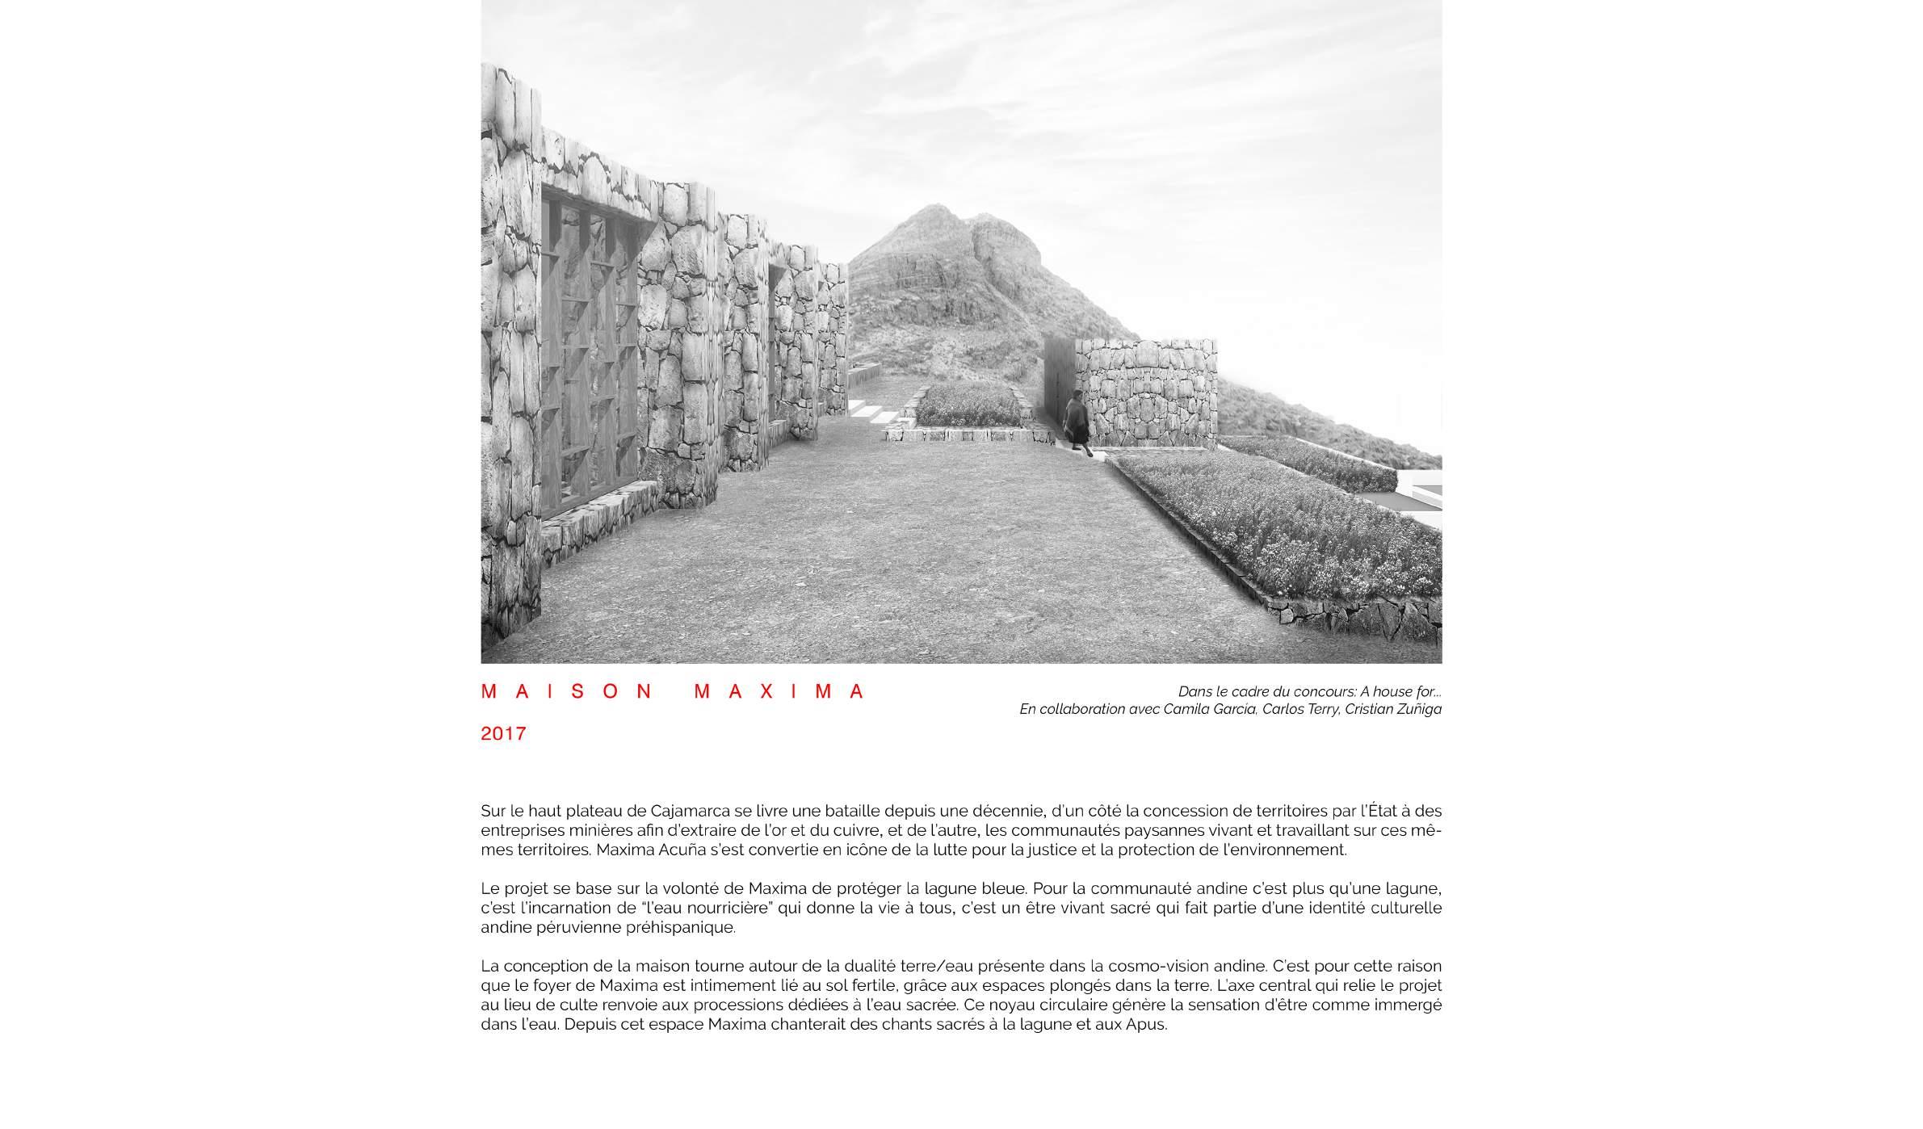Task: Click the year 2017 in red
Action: (x=503, y=734)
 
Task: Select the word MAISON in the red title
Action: (x=568, y=692)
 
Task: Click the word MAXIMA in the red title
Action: (x=779, y=692)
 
